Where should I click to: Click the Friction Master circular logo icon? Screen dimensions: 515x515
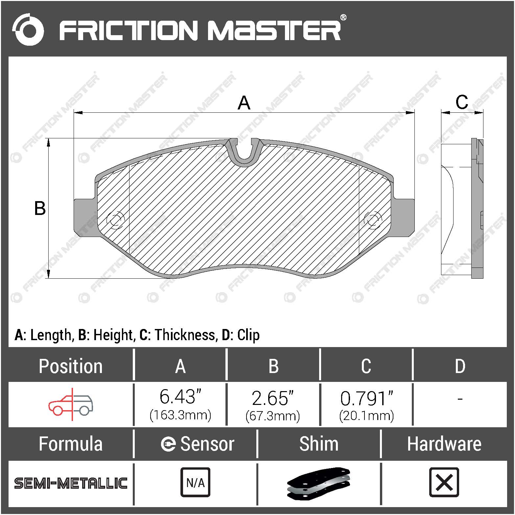(x=28, y=30)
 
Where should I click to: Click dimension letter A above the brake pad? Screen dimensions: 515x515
(x=244, y=103)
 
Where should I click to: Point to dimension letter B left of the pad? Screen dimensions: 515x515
(x=40, y=208)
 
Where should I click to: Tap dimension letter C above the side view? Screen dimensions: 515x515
(x=462, y=102)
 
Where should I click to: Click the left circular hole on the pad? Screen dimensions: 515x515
(x=115, y=220)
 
